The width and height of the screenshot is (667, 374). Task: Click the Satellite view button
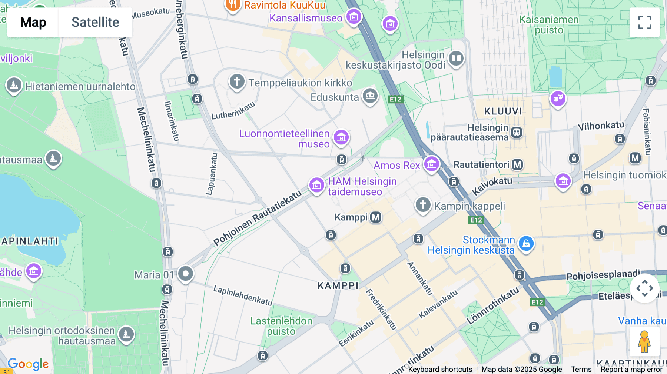click(95, 22)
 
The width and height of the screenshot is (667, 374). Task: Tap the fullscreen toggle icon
click(644, 22)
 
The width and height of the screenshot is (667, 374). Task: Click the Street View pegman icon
click(644, 341)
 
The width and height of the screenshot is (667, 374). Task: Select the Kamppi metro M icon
click(376, 217)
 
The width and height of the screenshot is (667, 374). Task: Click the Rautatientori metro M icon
click(517, 164)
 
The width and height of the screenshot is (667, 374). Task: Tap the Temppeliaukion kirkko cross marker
click(237, 81)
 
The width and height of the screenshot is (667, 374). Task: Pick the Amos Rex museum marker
click(431, 164)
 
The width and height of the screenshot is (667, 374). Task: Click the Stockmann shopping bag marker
click(526, 244)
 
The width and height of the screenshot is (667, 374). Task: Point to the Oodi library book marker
click(456, 59)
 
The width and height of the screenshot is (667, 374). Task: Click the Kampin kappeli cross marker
click(423, 204)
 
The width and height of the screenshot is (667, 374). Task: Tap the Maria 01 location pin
click(186, 274)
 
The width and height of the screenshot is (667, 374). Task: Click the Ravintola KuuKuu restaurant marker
click(232, 5)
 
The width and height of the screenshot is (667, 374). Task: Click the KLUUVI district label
click(503, 111)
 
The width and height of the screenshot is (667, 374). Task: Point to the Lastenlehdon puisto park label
click(281, 326)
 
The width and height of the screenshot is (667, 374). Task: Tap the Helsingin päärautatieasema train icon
click(517, 132)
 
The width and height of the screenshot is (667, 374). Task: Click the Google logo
click(28, 364)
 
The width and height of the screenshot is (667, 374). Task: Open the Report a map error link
click(631, 369)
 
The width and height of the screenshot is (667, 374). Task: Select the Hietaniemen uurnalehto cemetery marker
click(14, 86)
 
